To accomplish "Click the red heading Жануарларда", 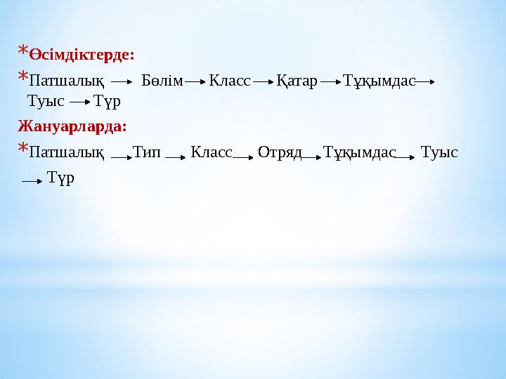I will point(72,127).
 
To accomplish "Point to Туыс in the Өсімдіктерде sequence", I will point(45,101).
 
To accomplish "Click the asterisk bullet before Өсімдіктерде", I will point(23,52).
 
